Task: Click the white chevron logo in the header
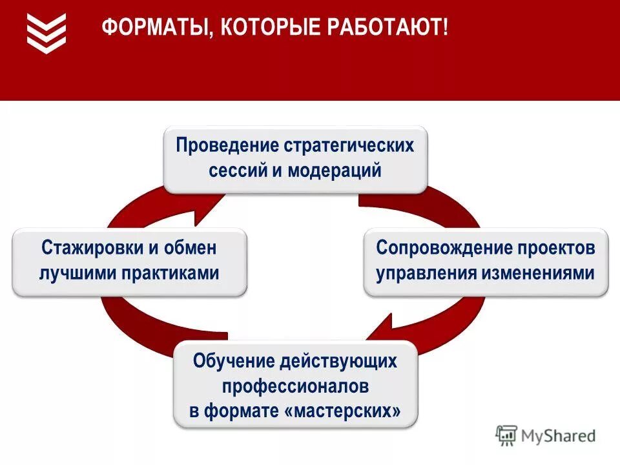coord(46,32)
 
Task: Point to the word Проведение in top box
coord(226,145)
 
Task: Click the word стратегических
coord(348,145)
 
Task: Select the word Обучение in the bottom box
coord(233,361)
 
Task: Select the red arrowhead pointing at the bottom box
coord(381,329)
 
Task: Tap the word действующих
coord(338,361)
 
